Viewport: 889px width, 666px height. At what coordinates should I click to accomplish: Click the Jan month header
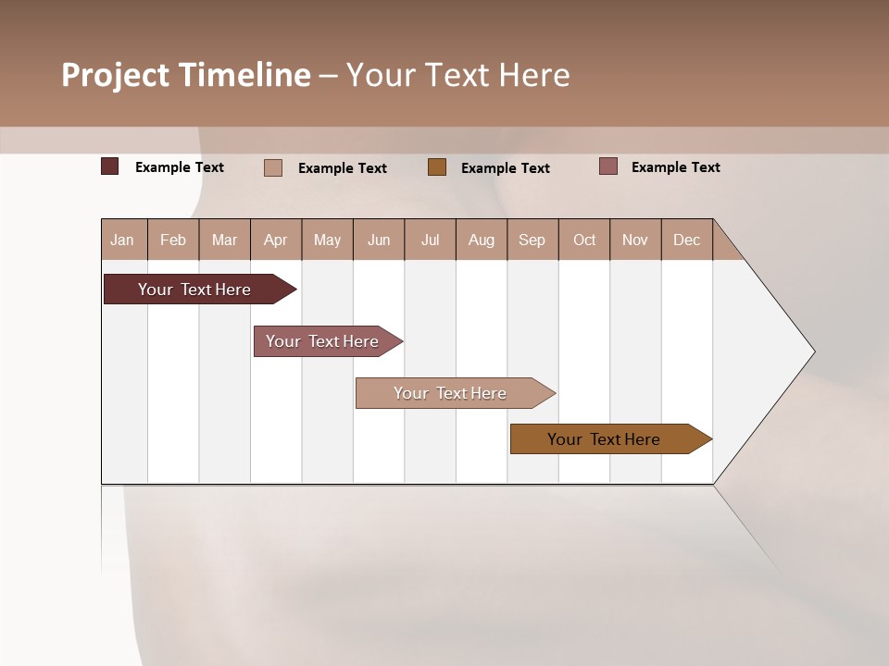(x=122, y=240)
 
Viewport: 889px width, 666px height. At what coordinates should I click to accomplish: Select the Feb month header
(x=173, y=240)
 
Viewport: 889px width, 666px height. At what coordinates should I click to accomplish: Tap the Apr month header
(x=276, y=240)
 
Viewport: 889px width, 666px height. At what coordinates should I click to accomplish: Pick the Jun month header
(x=379, y=240)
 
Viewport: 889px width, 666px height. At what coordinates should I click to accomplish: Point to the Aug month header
(x=482, y=240)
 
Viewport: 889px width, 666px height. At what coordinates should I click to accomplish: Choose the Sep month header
(x=532, y=240)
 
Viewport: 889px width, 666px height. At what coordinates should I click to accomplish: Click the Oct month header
(x=584, y=240)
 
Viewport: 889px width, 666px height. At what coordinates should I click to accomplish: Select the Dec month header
(x=687, y=240)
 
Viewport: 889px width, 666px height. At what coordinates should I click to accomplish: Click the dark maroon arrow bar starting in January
(x=194, y=290)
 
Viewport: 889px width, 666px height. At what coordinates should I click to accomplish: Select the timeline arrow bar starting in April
(x=322, y=341)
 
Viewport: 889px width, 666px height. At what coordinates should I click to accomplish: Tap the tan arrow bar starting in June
(x=450, y=393)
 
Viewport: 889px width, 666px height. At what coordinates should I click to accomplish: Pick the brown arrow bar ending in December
(x=604, y=439)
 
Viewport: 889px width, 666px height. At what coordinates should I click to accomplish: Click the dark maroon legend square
(x=110, y=166)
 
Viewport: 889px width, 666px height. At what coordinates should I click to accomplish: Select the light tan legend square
(x=273, y=167)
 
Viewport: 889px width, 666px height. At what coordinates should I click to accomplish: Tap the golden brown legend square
(x=437, y=166)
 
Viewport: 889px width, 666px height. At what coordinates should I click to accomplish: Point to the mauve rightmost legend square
(x=608, y=166)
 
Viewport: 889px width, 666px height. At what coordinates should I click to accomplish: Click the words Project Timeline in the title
(x=185, y=75)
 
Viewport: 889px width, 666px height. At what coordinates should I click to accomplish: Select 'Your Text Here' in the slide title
(x=458, y=75)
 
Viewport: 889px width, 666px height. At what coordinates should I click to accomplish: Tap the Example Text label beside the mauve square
(x=675, y=167)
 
